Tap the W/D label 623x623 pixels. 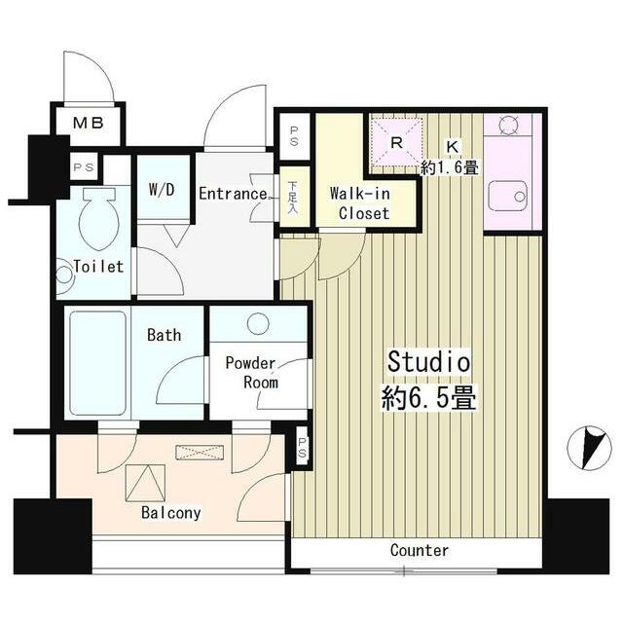tap(162, 190)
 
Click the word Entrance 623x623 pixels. tap(233, 194)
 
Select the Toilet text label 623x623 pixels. tap(98, 266)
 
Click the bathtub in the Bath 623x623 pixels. tap(97, 363)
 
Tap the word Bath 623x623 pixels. tap(164, 336)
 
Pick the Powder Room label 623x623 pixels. tap(251, 373)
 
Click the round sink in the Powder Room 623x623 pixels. tap(259, 323)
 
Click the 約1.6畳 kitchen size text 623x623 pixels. tap(449, 166)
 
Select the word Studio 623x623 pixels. tap(429, 362)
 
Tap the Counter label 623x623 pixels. tap(420, 551)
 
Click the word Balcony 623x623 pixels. tap(171, 513)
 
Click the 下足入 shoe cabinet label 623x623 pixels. tap(293, 199)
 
